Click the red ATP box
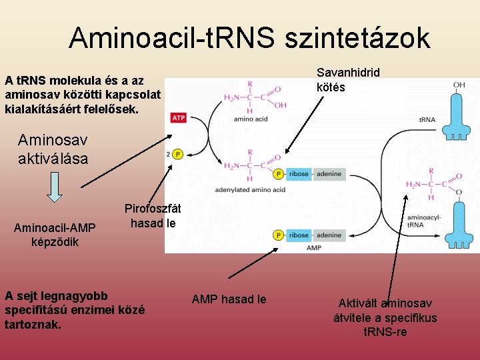(x=179, y=118)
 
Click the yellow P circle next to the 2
(x=177, y=154)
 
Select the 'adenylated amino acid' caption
(x=250, y=190)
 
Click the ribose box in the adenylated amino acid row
(x=299, y=174)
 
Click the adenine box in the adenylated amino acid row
(x=329, y=174)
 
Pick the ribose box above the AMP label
(x=299, y=235)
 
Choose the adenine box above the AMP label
(x=329, y=235)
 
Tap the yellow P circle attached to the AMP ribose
(x=279, y=235)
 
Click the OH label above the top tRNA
(x=459, y=85)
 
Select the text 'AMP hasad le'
(x=229, y=299)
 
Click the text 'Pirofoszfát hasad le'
(x=153, y=215)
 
